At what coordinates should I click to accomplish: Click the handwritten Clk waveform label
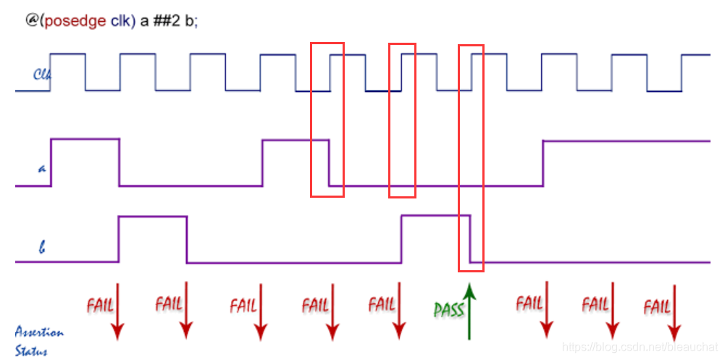click(x=41, y=74)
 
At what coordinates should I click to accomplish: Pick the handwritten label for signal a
click(x=41, y=169)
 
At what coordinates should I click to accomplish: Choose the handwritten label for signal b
click(x=42, y=248)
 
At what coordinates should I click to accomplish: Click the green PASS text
click(x=449, y=310)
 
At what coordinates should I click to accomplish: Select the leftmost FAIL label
click(x=100, y=304)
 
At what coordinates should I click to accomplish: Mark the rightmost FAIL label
click(x=657, y=307)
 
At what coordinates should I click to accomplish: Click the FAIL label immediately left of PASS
click(x=382, y=304)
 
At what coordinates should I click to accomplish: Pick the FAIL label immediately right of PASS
click(x=529, y=303)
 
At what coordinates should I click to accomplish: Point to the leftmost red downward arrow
click(x=116, y=311)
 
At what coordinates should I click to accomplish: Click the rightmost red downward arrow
click(x=674, y=311)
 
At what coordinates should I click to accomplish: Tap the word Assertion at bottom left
click(x=39, y=333)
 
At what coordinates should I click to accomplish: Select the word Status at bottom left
click(x=33, y=351)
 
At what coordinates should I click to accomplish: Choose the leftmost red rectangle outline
click(x=327, y=120)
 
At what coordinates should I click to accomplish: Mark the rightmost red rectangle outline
click(x=471, y=157)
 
